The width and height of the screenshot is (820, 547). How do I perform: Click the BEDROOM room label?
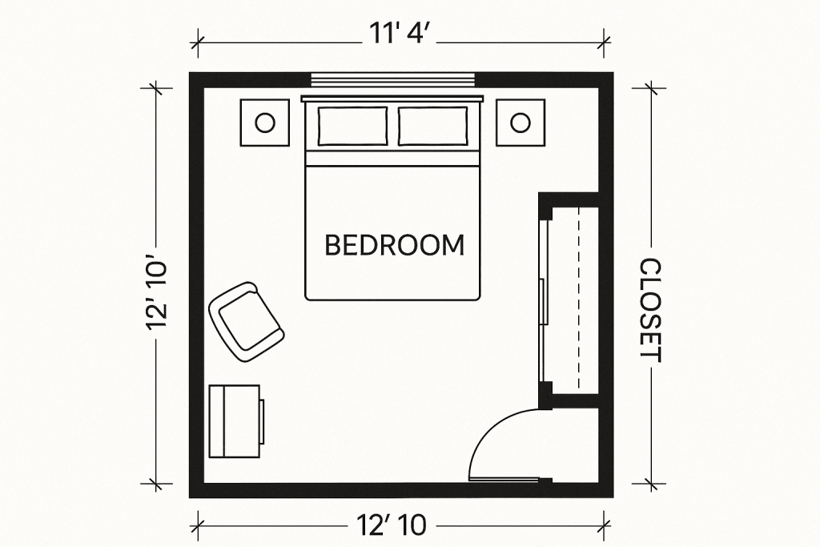pos(394,245)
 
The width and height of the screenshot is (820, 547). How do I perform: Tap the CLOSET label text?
pos(652,310)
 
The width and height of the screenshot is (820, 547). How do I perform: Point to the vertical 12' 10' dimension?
pos(156,292)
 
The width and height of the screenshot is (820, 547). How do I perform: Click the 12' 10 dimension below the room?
pos(392,525)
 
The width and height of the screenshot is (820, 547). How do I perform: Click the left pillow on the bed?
pos(352,126)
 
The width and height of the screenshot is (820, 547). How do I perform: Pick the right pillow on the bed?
pos(433,126)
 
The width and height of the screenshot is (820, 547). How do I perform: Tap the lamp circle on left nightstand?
pos(265,123)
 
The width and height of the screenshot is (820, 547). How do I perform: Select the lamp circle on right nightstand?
pos(521,123)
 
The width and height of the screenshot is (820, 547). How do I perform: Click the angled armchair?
pos(246,322)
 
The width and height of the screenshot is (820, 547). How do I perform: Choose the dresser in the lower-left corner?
pos(235,421)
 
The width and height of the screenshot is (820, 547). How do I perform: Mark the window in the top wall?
pos(393,79)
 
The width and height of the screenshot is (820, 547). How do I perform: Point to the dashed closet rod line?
pos(578,297)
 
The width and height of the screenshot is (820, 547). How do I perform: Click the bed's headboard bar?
pos(392,99)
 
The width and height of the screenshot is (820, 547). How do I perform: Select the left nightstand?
pos(264,123)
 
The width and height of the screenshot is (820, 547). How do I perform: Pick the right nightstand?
pos(521,123)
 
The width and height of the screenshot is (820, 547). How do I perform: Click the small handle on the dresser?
pos(262,415)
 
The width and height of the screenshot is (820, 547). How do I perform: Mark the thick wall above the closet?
pos(569,199)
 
